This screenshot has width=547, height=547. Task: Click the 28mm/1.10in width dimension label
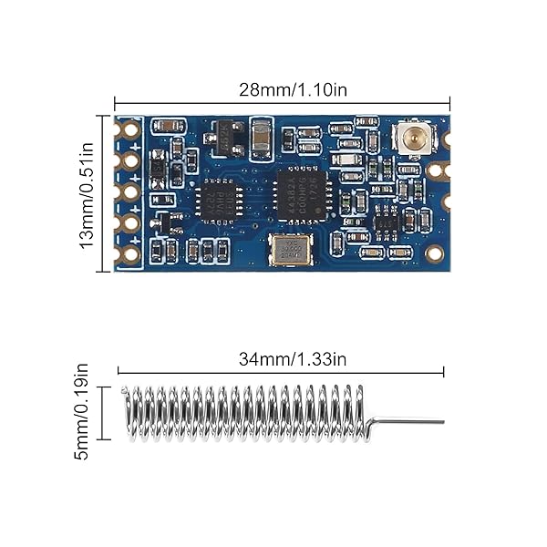point(282,90)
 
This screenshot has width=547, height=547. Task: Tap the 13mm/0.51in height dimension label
point(88,193)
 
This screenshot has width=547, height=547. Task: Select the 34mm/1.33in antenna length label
point(281,358)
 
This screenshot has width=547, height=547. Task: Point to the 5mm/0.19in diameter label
point(82,411)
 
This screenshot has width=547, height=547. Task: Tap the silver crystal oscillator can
point(291,248)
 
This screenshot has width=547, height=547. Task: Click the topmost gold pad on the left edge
point(130,129)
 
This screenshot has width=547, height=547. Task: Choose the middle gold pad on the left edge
point(130,192)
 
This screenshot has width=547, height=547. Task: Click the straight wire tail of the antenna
point(408,422)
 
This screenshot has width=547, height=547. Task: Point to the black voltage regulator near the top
point(226,139)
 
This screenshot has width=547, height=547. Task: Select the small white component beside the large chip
point(347,160)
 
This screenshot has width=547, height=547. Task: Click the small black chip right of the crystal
point(387,222)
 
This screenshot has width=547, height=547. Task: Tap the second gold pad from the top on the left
point(130,161)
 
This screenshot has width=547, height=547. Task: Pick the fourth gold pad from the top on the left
point(130,223)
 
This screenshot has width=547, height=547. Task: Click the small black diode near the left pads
point(158,169)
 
